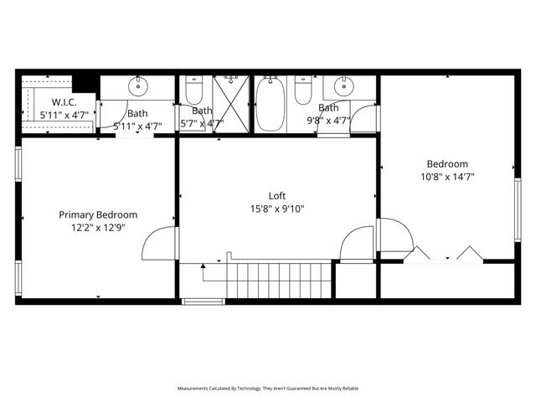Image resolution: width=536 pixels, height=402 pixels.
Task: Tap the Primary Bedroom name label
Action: [98, 214]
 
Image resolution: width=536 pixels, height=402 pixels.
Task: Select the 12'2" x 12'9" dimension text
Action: [98, 227]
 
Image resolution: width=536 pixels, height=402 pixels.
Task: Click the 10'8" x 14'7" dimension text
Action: [447, 177]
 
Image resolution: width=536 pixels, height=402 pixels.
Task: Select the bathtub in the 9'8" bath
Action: [271, 104]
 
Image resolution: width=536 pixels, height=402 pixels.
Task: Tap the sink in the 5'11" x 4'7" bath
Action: [138, 86]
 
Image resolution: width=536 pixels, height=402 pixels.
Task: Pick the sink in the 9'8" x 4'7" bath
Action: [343, 86]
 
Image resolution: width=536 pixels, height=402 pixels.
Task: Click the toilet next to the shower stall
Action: [194, 90]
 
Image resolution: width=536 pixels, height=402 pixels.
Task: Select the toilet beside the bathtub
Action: [303, 90]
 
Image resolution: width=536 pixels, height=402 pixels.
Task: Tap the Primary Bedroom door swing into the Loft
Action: [159, 245]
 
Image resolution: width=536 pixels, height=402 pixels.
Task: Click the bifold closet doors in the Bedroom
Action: [444, 253]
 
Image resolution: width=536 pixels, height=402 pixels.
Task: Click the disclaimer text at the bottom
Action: [267, 389]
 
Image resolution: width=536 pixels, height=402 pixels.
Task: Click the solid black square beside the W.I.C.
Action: [84, 83]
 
